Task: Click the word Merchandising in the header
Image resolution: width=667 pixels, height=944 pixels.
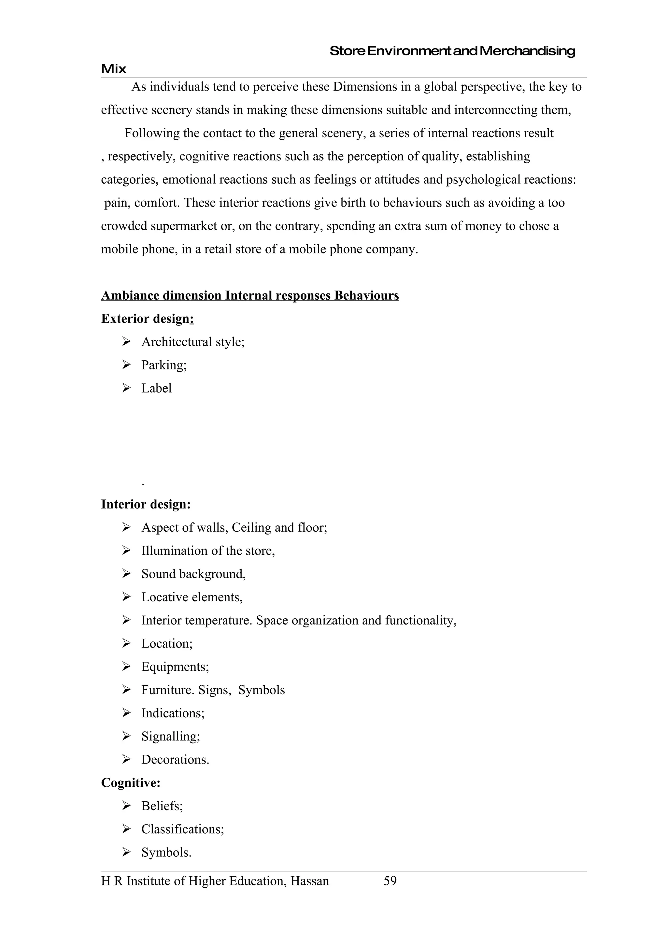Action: [527, 51]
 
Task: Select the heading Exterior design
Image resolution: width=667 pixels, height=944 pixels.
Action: [147, 319]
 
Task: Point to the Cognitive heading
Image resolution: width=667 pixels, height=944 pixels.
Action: [131, 782]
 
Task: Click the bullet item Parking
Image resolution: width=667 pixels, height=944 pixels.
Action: [163, 365]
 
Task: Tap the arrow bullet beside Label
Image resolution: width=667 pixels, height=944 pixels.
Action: [126, 388]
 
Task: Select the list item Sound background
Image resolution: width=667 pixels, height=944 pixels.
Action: [193, 574]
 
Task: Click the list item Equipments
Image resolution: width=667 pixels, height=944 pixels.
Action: [175, 666]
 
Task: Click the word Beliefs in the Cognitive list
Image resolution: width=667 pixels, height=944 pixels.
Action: [162, 806]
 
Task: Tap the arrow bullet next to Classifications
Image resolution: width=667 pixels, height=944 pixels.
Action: [126, 829]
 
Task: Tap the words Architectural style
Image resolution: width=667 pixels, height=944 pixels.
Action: [192, 342]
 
